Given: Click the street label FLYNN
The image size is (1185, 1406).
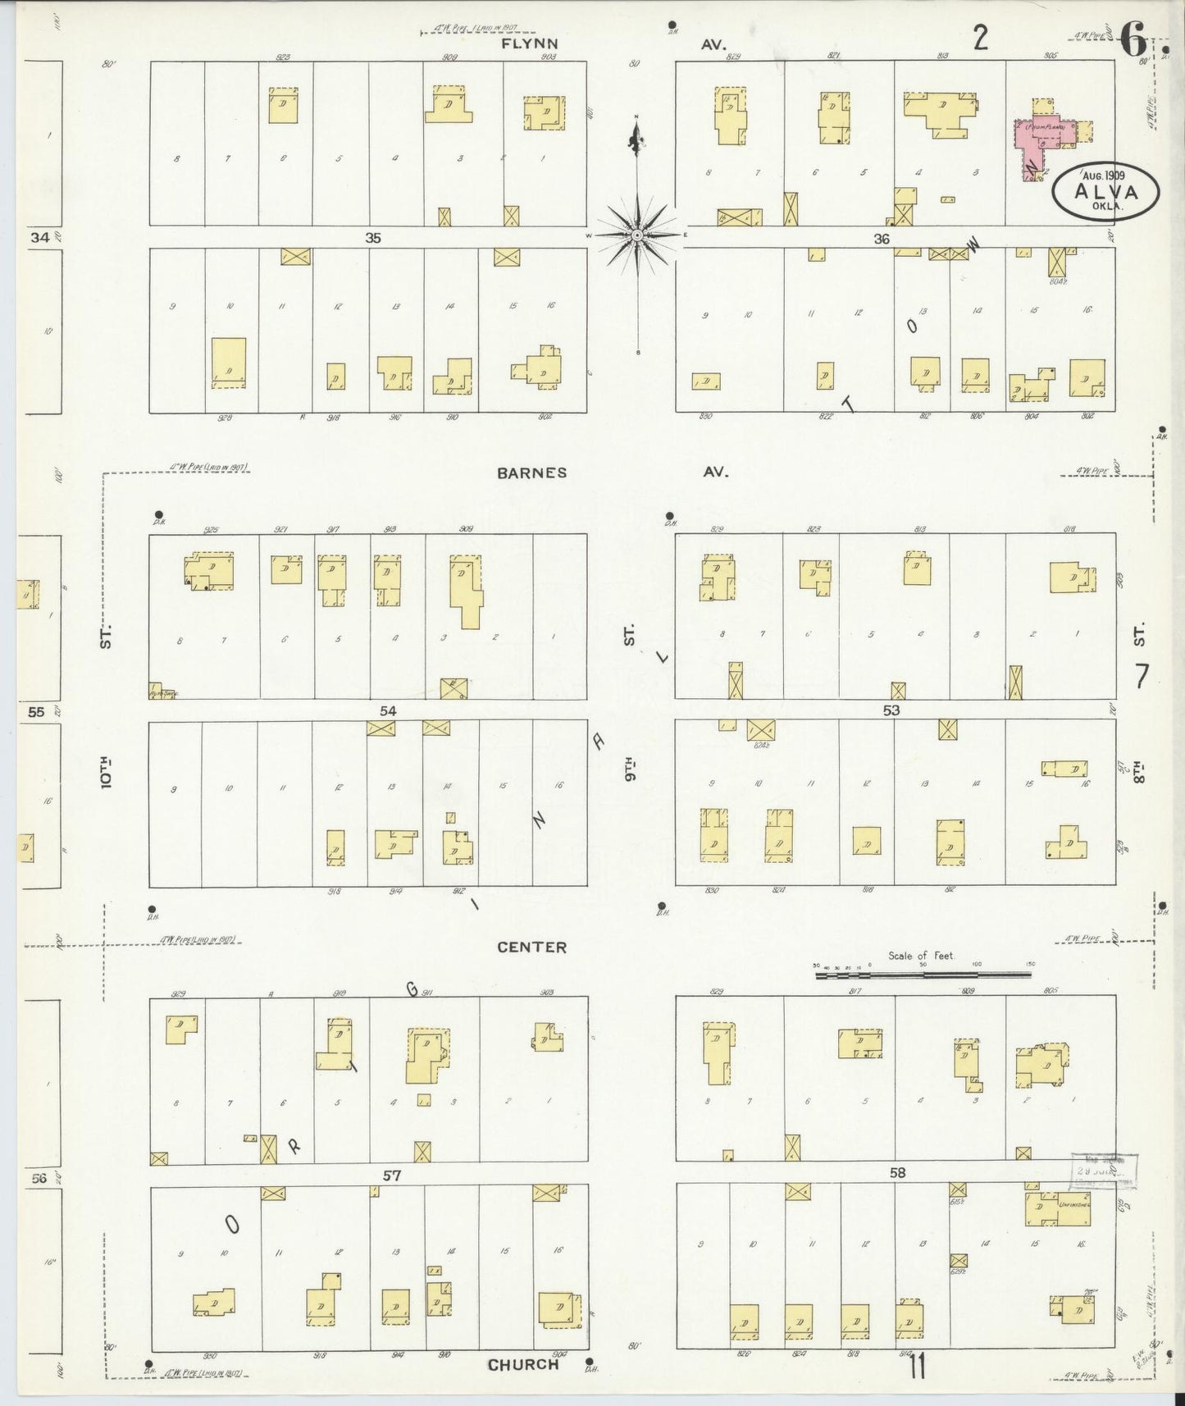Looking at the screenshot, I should pyautogui.click(x=530, y=44).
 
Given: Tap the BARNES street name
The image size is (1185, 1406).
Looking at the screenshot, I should pyautogui.click(x=531, y=472).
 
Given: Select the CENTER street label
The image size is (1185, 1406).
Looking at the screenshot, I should pyautogui.click(x=531, y=947).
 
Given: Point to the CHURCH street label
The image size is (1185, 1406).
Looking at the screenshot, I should pyautogui.click(x=523, y=1365).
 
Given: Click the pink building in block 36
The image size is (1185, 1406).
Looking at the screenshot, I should pyautogui.click(x=1040, y=142).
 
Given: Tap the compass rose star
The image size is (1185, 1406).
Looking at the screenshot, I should pyautogui.click(x=637, y=235).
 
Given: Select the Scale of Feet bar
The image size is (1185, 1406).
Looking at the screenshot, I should pyautogui.click(x=923, y=975).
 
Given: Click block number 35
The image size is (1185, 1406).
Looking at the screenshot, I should pyautogui.click(x=373, y=238).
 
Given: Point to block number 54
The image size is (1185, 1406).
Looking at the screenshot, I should pyautogui.click(x=388, y=710).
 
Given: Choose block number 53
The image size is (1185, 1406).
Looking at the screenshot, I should pyautogui.click(x=891, y=710).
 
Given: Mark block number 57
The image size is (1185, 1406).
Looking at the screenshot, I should pyautogui.click(x=391, y=1175).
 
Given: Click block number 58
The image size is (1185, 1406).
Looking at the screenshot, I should pyautogui.click(x=897, y=1173).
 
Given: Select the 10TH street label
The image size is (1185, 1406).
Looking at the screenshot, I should pyautogui.click(x=106, y=773).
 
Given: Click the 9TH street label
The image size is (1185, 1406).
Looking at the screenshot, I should pyautogui.click(x=630, y=769).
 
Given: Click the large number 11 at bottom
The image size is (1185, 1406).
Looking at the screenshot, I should pyautogui.click(x=918, y=1367).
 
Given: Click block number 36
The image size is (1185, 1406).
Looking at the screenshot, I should pyautogui.click(x=882, y=239).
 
